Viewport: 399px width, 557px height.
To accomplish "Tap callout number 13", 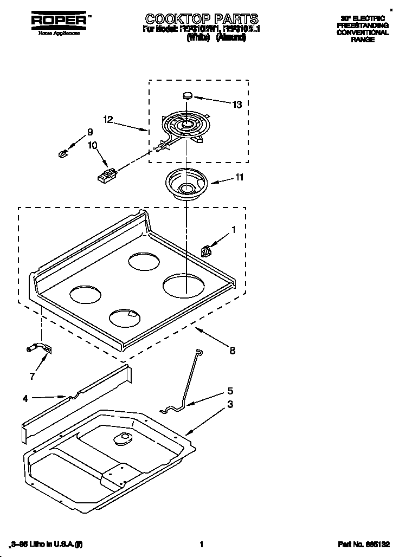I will click(236, 104).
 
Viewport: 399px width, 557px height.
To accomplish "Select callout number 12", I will click(108, 120).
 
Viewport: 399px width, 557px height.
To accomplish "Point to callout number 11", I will click(239, 177).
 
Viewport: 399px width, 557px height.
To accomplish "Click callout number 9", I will click(90, 132).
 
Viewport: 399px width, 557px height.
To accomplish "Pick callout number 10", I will click(92, 145).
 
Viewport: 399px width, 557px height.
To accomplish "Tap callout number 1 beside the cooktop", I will click(234, 229).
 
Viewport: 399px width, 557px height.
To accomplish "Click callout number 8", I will click(232, 351).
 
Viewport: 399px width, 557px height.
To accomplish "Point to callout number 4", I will click(25, 399).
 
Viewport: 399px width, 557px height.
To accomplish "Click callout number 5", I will click(230, 390).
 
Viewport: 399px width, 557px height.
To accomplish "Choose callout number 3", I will click(230, 404).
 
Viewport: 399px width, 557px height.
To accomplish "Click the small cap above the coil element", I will click(188, 96).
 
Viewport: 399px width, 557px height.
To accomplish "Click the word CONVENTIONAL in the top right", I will click(363, 33).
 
